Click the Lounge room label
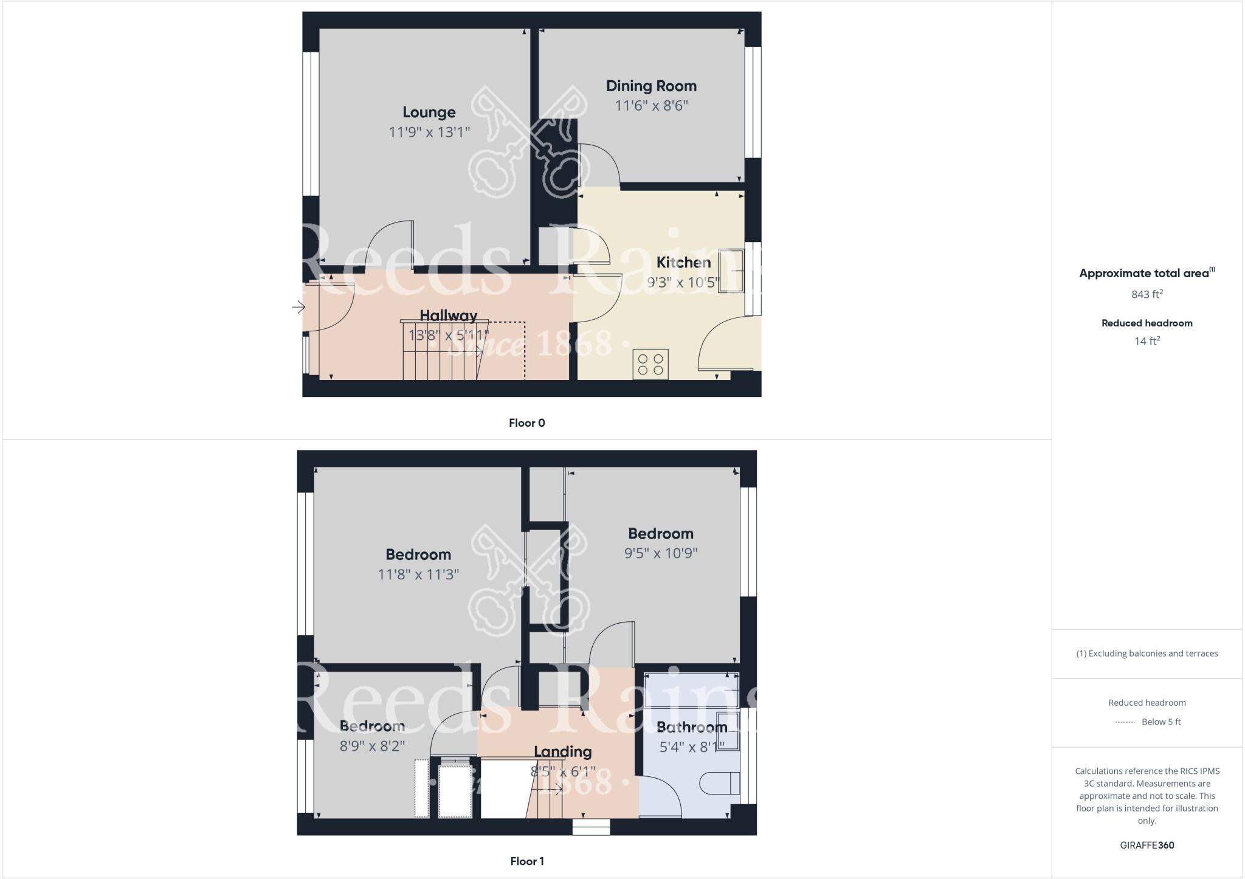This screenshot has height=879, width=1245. coord(429,112)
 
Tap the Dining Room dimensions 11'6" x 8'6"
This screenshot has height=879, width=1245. coord(651,106)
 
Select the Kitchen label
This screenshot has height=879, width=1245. coord(683,263)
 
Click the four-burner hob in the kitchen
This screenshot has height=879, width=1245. coord(650,364)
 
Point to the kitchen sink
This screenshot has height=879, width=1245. coord(731,271)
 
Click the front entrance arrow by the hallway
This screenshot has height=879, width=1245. coord(298,307)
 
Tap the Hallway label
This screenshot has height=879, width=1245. coord(449,315)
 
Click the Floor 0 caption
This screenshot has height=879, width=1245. coord(527,423)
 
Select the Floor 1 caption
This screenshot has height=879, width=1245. coord(527,861)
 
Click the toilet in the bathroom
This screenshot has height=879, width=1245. coord(720,783)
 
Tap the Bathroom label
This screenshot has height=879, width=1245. coord(692,727)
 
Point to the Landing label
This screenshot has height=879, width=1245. coord(563,752)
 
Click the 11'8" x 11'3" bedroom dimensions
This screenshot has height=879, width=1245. coord(418,574)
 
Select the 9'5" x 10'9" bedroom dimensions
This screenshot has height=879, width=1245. coord(661,553)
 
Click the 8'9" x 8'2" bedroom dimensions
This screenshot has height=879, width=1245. coord(372,746)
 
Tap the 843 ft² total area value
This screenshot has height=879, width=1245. coord(1147,294)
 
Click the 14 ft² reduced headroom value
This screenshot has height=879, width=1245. coord(1147,341)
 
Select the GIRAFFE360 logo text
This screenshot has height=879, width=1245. coord(1147,845)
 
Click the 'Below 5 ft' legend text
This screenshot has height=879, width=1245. coord(1161,722)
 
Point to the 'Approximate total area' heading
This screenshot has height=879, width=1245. coord(1144,274)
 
